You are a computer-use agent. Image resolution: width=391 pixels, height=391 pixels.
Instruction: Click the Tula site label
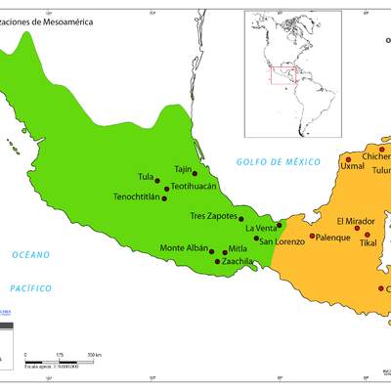pyautogui.click(x=146, y=177)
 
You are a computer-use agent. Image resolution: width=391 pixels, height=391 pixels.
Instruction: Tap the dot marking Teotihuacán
pyautogui.click(x=166, y=188)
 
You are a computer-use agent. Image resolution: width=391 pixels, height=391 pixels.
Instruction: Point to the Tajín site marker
pyautogui.click(x=195, y=174)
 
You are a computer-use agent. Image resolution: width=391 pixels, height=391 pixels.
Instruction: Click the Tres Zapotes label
pyautogui.click(x=212, y=216)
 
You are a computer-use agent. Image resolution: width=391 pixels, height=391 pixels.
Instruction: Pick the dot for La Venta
pyautogui.click(x=279, y=225)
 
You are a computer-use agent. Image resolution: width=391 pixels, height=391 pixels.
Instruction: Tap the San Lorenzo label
pyautogui.click(x=282, y=240)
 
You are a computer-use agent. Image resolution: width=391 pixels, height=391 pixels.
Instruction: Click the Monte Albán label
pyautogui.click(x=184, y=248)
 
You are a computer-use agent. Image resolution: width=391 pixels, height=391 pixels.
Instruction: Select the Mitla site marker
pyautogui.click(x=225, y=252)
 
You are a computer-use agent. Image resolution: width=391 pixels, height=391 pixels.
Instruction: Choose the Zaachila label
pyautogui.click(x=239, y=262)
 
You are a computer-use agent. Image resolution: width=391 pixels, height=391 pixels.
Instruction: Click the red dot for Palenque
pyautogui.click(x=312, y=237)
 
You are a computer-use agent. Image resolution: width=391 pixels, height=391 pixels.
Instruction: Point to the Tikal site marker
pyautogui.click(x=368, y=235)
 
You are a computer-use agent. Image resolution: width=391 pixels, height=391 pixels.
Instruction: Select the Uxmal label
pyautogui.click(x=352, y=166)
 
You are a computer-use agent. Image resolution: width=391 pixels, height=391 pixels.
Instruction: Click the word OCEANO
pyautogui.click(x=30, y=254)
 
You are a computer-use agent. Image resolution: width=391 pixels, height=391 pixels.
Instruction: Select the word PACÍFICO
pyautogui.click(x=30, y=288)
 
